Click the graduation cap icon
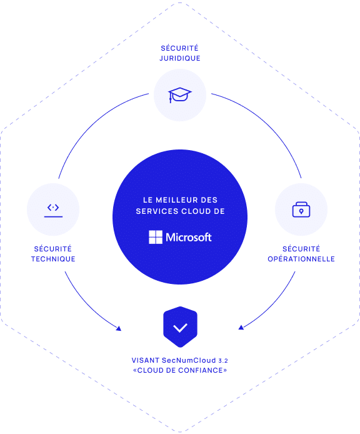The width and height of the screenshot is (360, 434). pos(179,95)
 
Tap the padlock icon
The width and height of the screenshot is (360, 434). pos(301,209)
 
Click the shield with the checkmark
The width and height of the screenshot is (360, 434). pos(180,326)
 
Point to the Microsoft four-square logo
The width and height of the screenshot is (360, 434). pos(156,237)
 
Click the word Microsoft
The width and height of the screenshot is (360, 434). pos(189,237)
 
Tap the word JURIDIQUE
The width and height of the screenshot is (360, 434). pos(180,58)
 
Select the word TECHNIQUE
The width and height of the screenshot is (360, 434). pos(53,259)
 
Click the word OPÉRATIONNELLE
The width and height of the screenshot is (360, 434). pos(301,259)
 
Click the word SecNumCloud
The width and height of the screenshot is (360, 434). pos(189,360)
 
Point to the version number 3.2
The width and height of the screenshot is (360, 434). pos(223,361)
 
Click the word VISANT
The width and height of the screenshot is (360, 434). pos(145,360)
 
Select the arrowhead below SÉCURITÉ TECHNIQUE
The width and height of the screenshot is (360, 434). pos(119,328)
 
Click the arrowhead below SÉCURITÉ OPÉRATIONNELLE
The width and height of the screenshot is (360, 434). pos(241,328)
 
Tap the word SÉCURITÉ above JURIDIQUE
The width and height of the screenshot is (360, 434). pos(179,48)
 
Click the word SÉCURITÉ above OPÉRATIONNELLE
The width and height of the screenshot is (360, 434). pos(301,248)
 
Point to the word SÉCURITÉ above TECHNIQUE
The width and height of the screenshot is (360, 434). pos(53,248)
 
